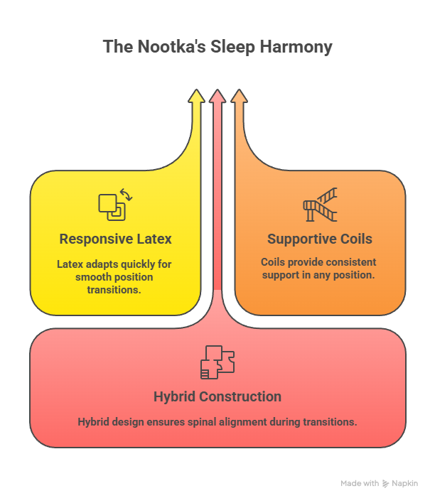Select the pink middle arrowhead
pos(217,97)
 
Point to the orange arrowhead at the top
pos(239,97)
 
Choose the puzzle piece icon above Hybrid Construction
pos(217,362)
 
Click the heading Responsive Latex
pos(115,239)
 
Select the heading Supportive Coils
pos(320,239)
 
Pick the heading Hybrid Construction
pos(217,396)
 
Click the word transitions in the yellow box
pos(115,289)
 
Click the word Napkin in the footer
pos(406,483)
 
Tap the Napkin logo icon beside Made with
pos(386,483)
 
